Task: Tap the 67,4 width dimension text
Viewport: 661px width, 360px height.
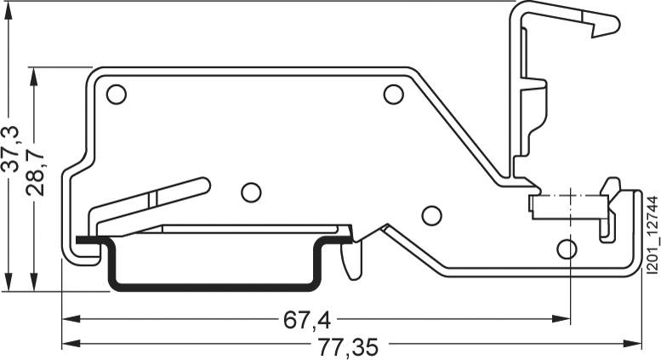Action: coord(306,320)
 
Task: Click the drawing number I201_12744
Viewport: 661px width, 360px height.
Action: coord(652,235)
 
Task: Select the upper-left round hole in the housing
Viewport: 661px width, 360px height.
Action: coord(117,94)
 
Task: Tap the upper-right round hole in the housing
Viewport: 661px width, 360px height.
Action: coord(392,94)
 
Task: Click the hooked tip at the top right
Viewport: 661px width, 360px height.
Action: coord(606,28)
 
